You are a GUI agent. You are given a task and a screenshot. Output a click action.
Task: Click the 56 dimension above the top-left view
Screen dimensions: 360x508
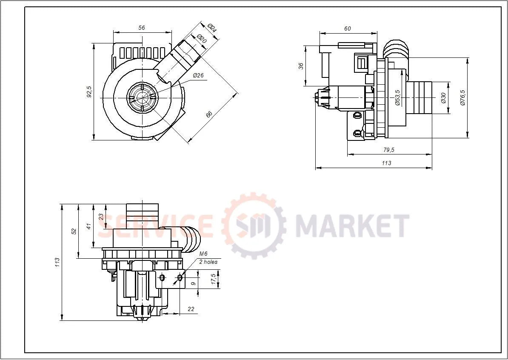pos(142,28)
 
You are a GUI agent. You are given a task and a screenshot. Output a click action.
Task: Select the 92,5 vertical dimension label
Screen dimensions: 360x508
pos(89,91)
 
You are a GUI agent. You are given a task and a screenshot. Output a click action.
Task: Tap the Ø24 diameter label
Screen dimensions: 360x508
pos(212,29)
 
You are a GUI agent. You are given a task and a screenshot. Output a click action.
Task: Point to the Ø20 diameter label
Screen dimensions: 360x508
pos(202,39)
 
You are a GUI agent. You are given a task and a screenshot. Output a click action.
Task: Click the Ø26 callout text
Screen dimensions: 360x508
pos(198,75)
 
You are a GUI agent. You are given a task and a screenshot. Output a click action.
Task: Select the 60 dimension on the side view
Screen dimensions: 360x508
pos(348,29)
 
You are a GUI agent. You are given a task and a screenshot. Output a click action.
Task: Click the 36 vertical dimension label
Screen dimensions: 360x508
pos(301,66)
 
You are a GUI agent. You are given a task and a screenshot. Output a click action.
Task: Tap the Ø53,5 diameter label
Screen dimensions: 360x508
pos(397,97)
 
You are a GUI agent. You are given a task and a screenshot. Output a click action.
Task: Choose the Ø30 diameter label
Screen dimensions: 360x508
pos(443,98)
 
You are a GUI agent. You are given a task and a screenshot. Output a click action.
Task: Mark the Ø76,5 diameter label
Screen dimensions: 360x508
pos(462,97)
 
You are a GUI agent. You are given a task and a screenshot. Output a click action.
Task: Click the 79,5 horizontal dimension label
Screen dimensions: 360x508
pos(389,150)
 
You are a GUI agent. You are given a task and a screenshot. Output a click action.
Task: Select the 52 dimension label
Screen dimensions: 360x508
pos(74,231)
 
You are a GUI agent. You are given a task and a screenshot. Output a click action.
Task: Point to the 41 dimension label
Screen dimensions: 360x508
pos(88,226)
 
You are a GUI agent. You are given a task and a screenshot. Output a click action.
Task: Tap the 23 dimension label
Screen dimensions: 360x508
pos(101,216)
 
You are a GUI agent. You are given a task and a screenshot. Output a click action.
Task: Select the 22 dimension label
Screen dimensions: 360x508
pos(191,309)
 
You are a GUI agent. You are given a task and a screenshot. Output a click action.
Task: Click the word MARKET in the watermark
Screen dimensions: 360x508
pos(352,226)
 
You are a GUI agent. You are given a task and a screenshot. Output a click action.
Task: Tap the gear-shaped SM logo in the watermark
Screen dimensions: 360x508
pos(254,225)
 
